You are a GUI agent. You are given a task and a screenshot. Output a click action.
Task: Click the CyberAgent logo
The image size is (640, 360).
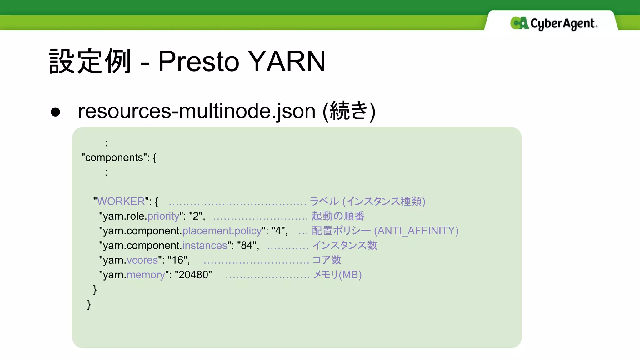click(x=553, y=23)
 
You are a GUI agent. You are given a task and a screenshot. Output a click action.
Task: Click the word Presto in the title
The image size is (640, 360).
click(x=198, y=61)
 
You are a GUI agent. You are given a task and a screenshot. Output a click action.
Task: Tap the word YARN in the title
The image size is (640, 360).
click(x=287, y=61)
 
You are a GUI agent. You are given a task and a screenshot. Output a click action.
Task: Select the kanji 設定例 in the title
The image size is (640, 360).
click(x=90, y=61)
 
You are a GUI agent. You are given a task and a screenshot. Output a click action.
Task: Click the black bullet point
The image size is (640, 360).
click(x=55, y=112)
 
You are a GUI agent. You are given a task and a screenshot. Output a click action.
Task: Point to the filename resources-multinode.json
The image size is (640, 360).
click(x=197, y=111)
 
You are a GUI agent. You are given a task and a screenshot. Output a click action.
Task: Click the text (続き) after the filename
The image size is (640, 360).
click(x=349, y=111)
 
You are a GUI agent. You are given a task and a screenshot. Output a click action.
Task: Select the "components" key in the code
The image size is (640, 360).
click(x=114, y=157)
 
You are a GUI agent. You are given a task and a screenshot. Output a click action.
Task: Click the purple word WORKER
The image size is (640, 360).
click(x=121, y=201)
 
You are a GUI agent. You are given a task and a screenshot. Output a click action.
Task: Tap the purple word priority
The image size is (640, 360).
click(x=163, y=216)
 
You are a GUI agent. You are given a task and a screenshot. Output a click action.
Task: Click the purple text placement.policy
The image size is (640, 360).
click(x=222, y=231)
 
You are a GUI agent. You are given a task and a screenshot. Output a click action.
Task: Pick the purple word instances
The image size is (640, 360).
click(x=205, y=245)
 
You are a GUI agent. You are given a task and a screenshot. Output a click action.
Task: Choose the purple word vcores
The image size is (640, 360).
click(x=142, y=260)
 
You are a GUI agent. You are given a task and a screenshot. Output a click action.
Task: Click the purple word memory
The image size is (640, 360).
click(x=146, y=275)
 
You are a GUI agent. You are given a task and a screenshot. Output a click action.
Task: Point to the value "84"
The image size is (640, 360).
click(x=247, y=245)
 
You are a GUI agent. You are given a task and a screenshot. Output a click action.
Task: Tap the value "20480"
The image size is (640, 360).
click(x=193, y=275)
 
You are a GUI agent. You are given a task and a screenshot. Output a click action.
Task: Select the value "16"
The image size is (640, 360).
click(x=177, y=260)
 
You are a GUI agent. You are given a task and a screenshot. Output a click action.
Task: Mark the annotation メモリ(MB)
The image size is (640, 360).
click(x=337, y=275)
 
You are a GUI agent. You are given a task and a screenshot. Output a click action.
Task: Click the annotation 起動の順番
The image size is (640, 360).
click(x=338, y=216)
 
